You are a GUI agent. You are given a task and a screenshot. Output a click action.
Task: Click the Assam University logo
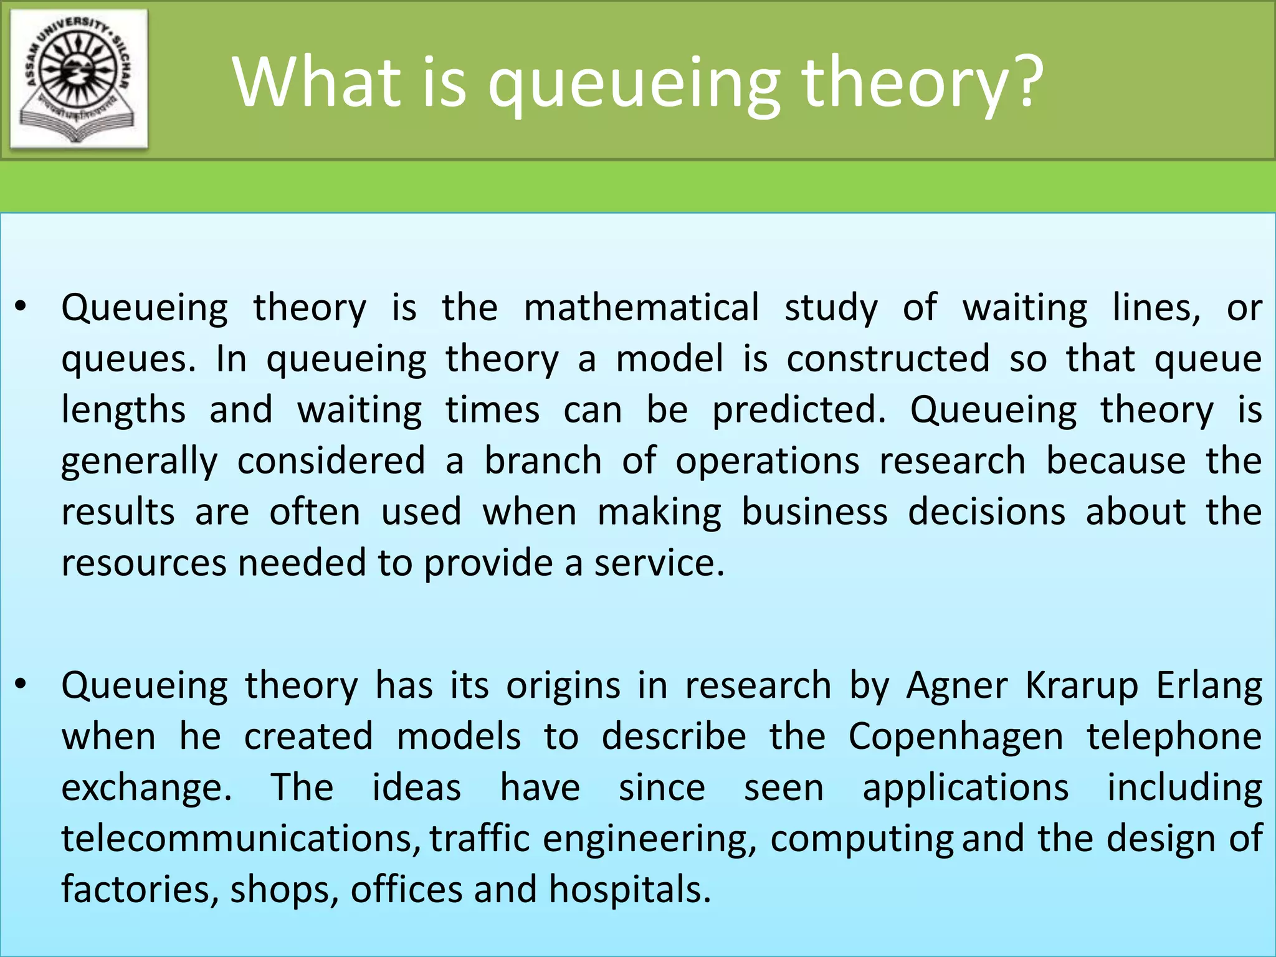tap(79, 79)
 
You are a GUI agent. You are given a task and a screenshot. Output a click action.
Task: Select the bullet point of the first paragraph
tap(21, 307)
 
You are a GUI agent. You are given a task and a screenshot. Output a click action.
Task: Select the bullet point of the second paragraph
tap(21, 684)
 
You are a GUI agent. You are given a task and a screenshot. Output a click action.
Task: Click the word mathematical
tap(641, 308)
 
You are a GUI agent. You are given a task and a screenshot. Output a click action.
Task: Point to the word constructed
tap(887, 359)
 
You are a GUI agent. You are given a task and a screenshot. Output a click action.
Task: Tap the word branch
tap(543, 461)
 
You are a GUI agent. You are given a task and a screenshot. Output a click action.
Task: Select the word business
tap(814, 512)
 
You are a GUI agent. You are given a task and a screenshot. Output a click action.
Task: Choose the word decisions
tap(986, 512)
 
